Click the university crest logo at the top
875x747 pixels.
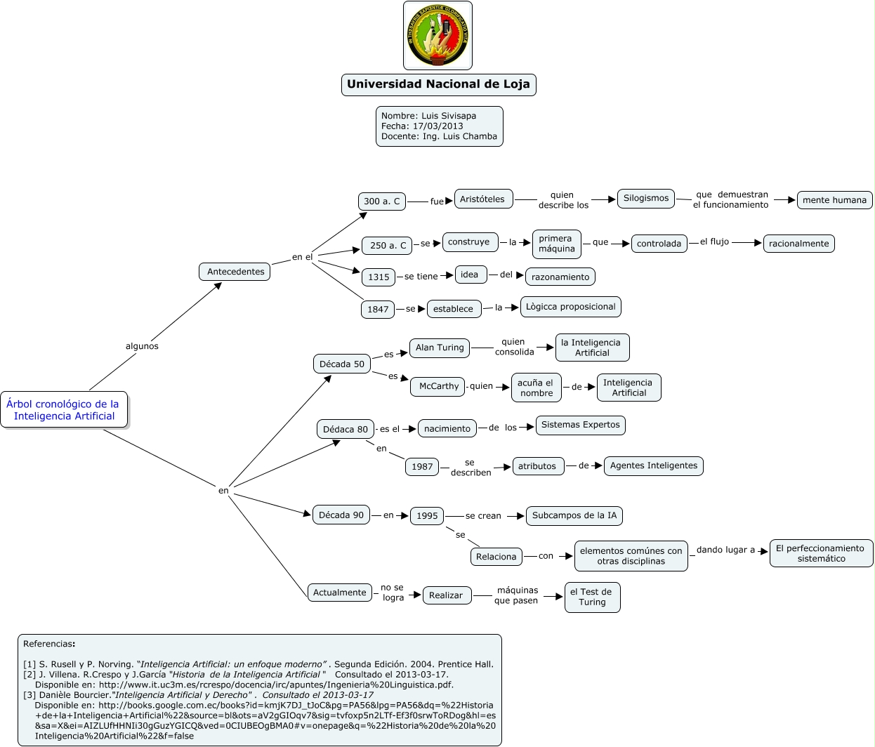click(x=438, y=36)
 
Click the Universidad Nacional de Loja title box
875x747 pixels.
click(x=438, y=84)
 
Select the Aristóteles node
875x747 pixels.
click(x=482, y=199)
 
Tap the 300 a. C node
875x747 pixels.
click(x=382, y=201)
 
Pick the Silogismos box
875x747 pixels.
click(x=646, y=199)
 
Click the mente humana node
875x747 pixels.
click(x=834, y=200)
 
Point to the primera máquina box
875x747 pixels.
click(x=557, y=244)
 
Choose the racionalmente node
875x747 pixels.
click(x=798, y=244)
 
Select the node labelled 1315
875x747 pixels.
click(x=379, y=277)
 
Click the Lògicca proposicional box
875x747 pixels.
click(x=570, y=307)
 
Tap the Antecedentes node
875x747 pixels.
click(x=235, y=272)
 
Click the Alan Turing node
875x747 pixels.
click(x=440, y=348)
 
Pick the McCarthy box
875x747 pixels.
click(x=439, y=386)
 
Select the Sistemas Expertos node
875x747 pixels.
click(x=580, y=425)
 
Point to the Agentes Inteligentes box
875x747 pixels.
click(x=653, y=465)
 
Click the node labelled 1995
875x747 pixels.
click(x=427, y=516)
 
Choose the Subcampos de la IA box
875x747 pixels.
click(x=574, y=515)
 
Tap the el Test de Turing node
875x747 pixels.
click(x=592, y=597)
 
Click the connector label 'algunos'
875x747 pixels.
click(x=142, y=346)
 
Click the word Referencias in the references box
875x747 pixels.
click(x=48, y=644)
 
